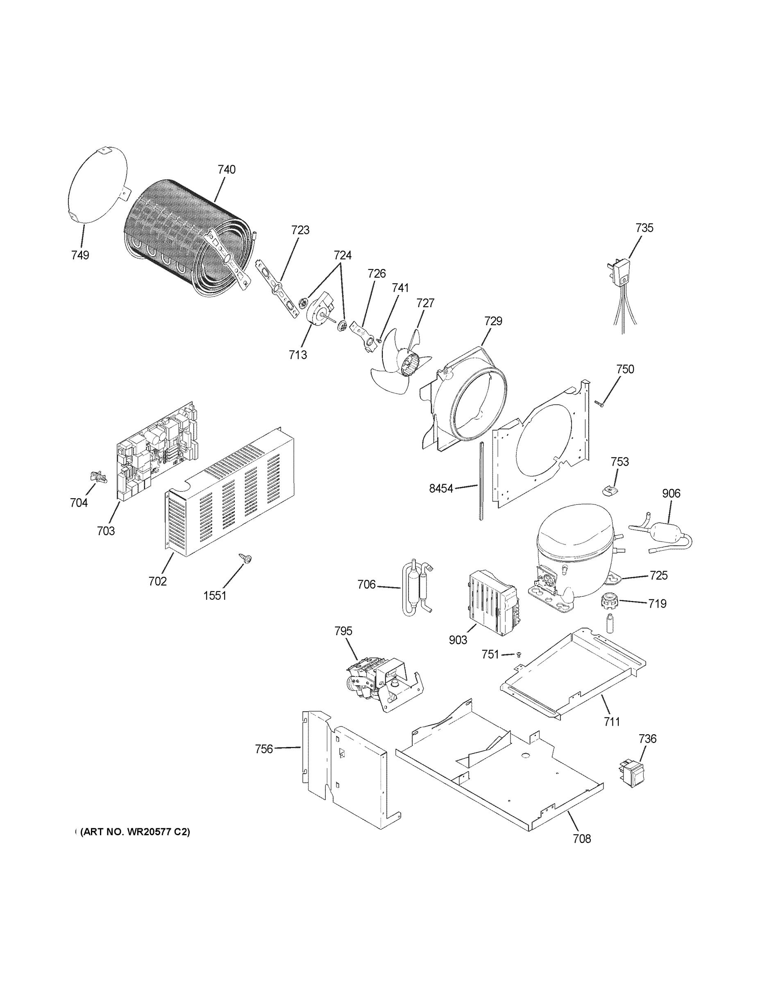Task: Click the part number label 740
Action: tap(227, 170)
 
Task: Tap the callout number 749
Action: tap(80, 255)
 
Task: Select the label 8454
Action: tap(441, 488)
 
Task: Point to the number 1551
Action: tap(215, 596)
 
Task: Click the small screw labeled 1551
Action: tap(246, 559)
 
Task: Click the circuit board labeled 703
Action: tap(155, 451)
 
